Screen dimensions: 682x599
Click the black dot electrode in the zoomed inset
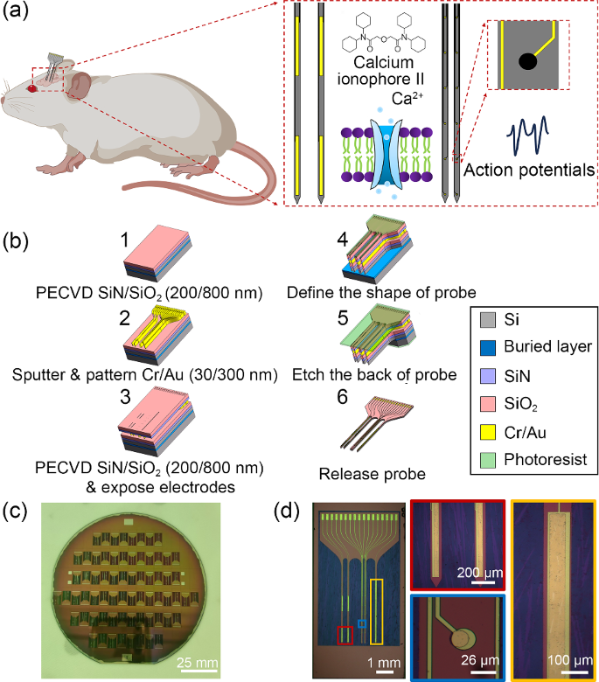[528, 62]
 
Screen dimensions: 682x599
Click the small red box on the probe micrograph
[345, 632]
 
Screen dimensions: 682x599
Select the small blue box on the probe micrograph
[361, 624]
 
